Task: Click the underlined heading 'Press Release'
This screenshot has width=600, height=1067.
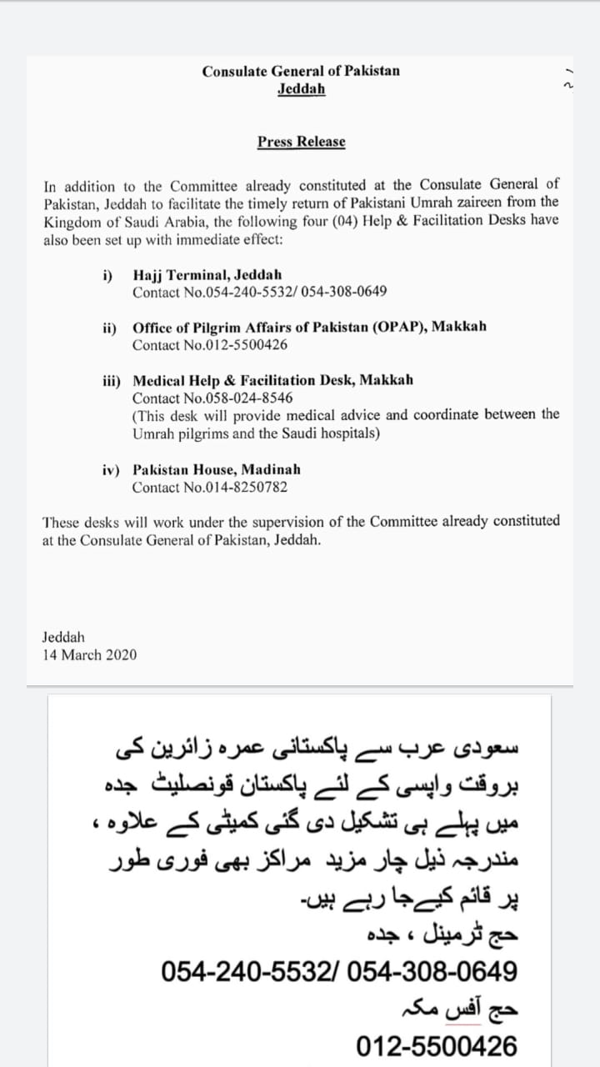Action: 301,142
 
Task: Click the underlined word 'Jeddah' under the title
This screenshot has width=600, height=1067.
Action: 301,88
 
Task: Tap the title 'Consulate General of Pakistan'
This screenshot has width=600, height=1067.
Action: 301,71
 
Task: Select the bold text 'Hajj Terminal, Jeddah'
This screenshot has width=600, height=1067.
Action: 207,274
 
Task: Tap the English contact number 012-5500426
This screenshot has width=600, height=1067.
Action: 248,345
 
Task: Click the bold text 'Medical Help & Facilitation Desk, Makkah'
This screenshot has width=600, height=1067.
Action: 272,380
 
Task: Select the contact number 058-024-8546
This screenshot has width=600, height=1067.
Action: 248,398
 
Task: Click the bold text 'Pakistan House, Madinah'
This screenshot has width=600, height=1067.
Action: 217,469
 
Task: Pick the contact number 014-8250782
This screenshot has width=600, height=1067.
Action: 248,488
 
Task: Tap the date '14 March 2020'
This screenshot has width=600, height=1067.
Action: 90,655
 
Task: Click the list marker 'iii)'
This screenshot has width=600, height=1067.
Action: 112,380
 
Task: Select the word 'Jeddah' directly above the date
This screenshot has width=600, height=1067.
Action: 63,638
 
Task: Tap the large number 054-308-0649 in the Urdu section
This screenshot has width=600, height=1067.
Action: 431,971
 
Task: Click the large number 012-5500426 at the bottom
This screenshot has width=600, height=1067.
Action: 437,1045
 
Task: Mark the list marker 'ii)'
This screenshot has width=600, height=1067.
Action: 110,328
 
